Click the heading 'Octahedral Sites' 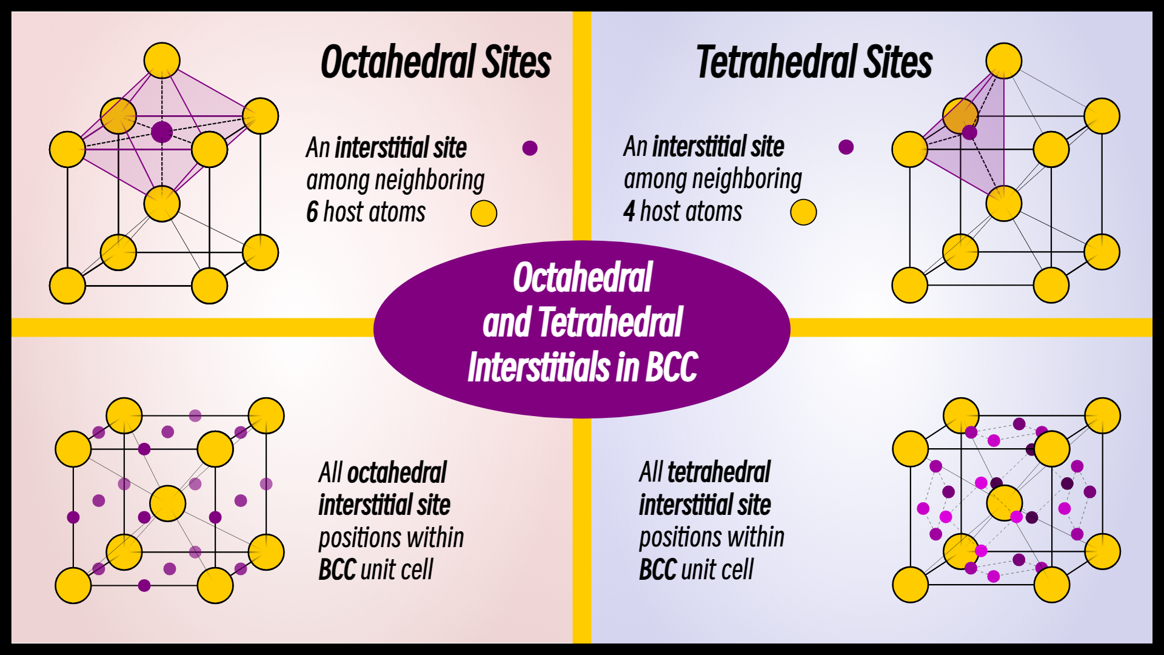(x=435, y=62)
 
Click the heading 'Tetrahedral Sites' (x=814, y=62)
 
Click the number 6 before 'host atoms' (x=312, y=212)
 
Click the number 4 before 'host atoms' (x=629, y=211)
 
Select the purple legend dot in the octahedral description (x=530, y=148)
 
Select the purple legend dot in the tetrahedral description (x=846, y=147)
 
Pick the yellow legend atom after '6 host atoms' (x=484, y=213)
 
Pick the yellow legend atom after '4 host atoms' (x=803, y=212)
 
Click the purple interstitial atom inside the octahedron (x=162, y=132)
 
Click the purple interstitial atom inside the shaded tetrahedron (x=969, y=132)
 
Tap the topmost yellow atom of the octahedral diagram (x=162, y=61)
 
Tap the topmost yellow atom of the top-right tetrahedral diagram (x=1004, y=61)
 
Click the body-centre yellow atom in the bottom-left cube (x=167, y=503)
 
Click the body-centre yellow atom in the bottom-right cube (x=1005, y=502)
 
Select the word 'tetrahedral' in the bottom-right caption (x=718, y=472)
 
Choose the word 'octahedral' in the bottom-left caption (x=396, y=472)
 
